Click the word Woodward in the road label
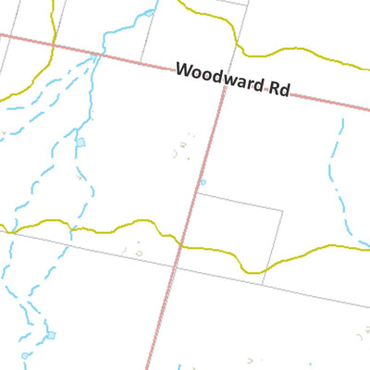(218, 78)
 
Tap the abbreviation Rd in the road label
(277, 89)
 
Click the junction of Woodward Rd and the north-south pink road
(222, 80)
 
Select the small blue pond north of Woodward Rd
(148, 14)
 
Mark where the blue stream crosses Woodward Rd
(96, 55)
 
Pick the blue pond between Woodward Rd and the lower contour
(81, 142)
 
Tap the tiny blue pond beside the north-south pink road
(203, 181)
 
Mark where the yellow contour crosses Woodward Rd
(53, 45)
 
